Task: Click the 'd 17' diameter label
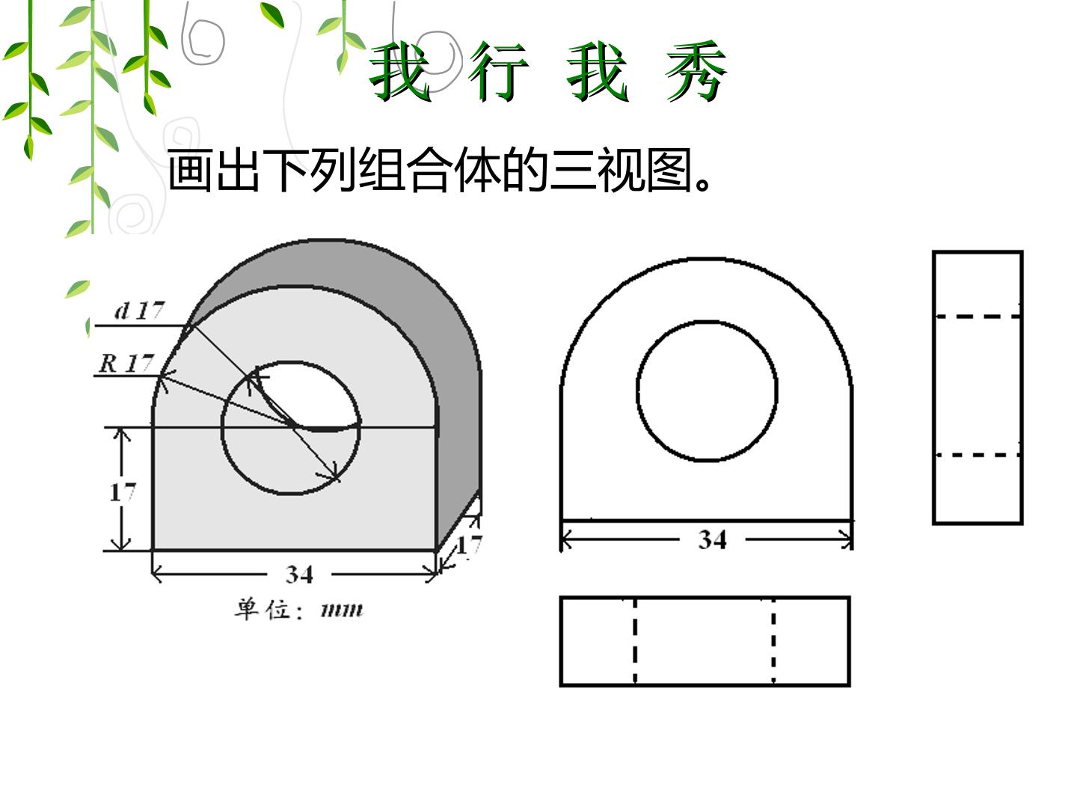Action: [139, 310]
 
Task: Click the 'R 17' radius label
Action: [126, 364]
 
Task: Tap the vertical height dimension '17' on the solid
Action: [123, 492]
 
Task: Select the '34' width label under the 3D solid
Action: [299, 574]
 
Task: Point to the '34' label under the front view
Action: [712, 539]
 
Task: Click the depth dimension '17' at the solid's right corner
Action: [470, 545]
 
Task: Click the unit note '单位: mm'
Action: [299, 610]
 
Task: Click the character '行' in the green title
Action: [498, 72]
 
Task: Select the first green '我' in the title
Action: [400, 72]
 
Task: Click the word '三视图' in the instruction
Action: [622, 171]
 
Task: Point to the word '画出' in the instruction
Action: [213, 171]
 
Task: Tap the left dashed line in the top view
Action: [635, 640]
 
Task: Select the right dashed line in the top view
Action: [773, 640]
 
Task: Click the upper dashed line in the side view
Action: [978, 317]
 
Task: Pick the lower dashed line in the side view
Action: [978, 456]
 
